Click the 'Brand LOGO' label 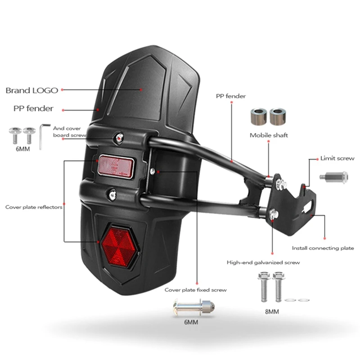tap(31, 90)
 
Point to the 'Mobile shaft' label tap(269, 135)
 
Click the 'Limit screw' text tap(337, 158)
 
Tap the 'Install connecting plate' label tap(323, 248)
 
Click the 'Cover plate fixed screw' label tap(195, 290)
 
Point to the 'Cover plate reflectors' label tap(34, 207)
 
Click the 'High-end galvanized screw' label tap(263, 262)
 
